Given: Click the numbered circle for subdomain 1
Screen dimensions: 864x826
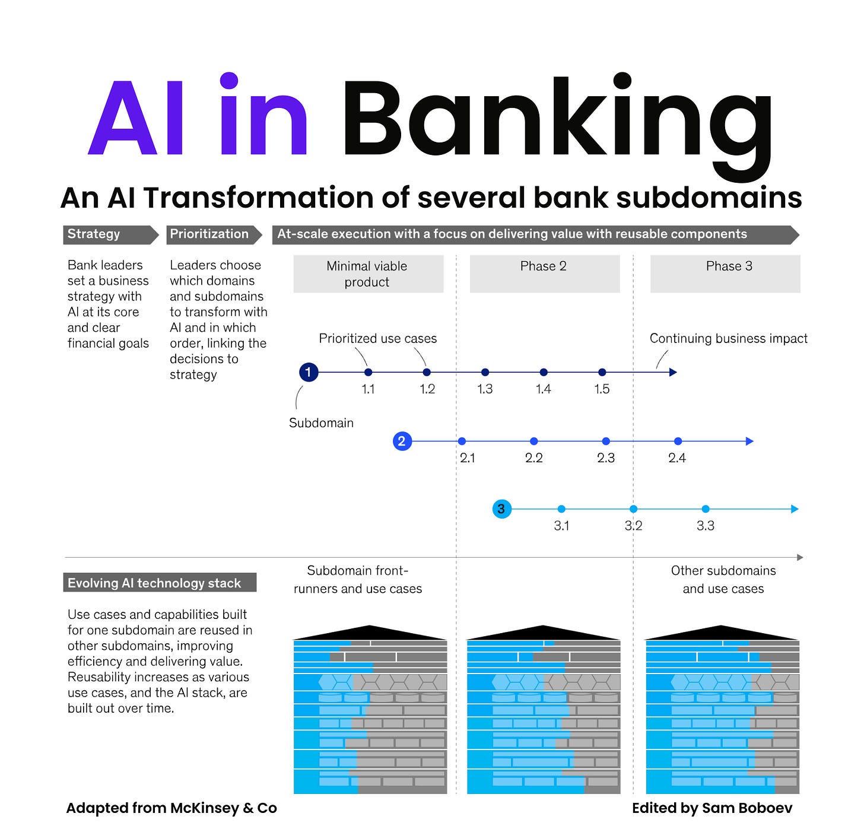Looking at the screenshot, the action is click(309, 372).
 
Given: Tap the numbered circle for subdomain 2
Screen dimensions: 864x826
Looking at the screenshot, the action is click(402, 441).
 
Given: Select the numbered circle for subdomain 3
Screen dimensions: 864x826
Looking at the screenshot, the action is click(502, 509).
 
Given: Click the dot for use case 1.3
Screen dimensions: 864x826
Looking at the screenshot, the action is click(485, 372).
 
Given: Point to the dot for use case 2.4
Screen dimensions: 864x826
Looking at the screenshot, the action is click(678, 441).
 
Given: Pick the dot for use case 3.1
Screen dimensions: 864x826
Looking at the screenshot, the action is click(561, 509).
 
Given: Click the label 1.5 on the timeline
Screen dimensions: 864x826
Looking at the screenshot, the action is click(602, 389).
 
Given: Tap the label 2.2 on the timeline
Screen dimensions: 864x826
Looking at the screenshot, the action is click(533, 458).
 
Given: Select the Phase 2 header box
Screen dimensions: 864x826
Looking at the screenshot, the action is click(544, 274).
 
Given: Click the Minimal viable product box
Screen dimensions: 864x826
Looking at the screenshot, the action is click(368, 274).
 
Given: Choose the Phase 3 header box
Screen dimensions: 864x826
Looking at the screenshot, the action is click(725, 274).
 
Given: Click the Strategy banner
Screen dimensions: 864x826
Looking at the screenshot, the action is click(110, 234).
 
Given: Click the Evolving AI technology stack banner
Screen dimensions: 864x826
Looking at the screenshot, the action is click(160, 583).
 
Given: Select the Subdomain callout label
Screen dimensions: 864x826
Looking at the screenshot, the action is click(321, 422).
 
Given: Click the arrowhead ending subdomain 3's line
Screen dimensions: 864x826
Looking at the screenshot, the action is click(795, 509).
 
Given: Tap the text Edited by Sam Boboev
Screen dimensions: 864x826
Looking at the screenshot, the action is click(711, 808).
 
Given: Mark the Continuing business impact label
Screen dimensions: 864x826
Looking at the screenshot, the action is click(728, 338).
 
